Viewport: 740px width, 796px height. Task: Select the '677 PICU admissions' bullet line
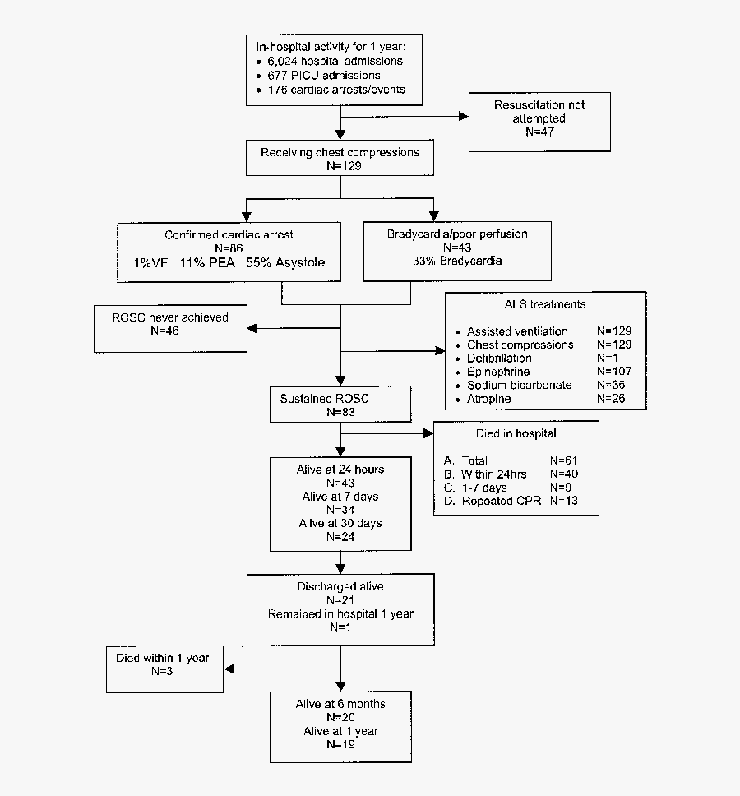[324, 76]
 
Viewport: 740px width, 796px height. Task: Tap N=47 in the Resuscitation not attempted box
[540, 132]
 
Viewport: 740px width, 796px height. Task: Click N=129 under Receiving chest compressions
[340, 165]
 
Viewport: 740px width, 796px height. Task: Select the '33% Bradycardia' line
[458, 261]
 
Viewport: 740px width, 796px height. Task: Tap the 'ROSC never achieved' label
[170, 317]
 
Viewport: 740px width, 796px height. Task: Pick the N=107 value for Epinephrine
[616, 372]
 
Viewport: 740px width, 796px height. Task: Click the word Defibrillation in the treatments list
[499, 359]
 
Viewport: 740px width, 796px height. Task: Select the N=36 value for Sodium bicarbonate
[613, 385]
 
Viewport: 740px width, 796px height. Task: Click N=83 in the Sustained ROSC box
[340, 412]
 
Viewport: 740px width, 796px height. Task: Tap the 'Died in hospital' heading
[516, 433]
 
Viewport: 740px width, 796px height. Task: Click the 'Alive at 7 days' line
[340, 497]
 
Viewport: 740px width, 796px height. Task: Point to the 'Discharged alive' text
[340, 587]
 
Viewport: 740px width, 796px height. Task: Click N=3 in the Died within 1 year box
[162, 671]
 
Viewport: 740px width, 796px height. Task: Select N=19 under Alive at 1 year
[340, 745]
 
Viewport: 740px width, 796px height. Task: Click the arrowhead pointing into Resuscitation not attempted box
[463, 116]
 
